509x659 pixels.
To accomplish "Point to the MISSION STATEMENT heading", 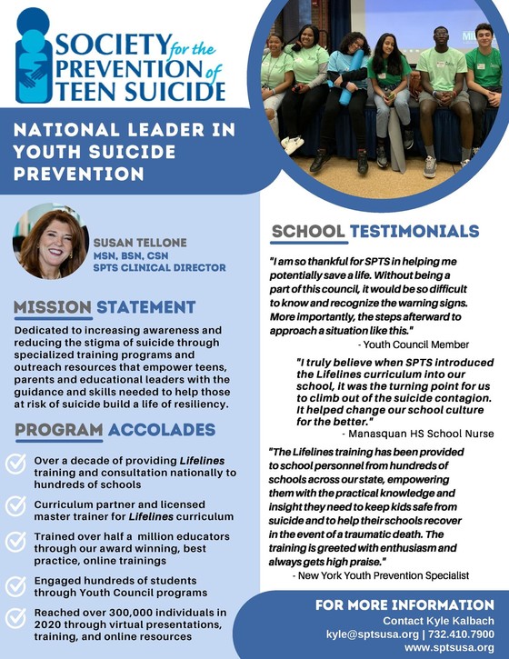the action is tap(105, 307).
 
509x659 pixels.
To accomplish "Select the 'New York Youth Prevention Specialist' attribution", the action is tap(380, 576).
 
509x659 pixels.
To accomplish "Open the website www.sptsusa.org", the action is tap(448, 647).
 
